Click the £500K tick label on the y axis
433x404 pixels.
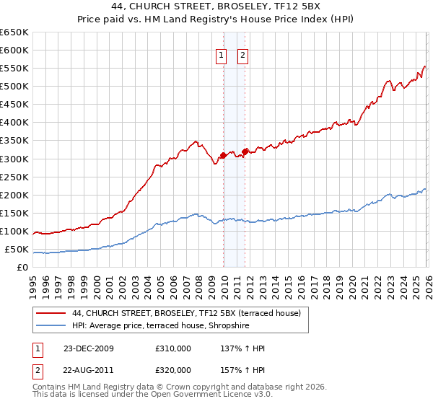tap(14, 86)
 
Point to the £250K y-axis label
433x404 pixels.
tap(14, 177)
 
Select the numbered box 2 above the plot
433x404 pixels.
tap(242, 56)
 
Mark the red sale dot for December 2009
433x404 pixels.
tap(224, 154)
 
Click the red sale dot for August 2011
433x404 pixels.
tap(245, 151)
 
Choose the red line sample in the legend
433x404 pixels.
tap(51, 313)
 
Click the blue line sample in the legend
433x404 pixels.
tap(51, 325)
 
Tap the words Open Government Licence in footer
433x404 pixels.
tap(216, 397)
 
